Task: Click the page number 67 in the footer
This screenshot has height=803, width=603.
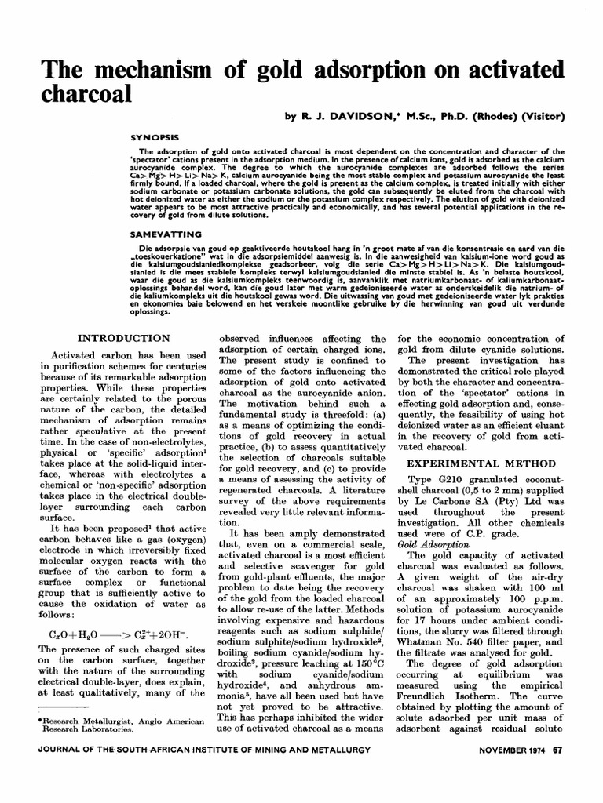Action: [x=557, y=772]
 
